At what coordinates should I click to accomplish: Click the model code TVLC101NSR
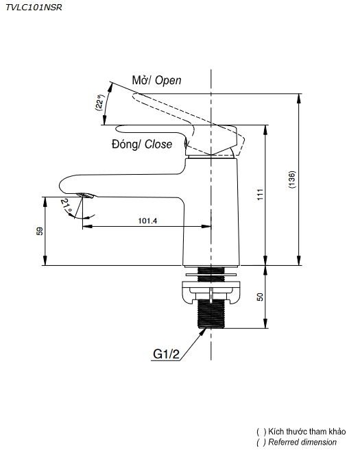(x=34, y=8)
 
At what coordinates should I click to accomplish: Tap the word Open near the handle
(x=168, y=80)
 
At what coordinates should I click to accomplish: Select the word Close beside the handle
(x=158, y=144)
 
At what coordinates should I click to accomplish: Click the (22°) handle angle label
(x=99, y=102)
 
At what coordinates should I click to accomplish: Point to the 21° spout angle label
(x=67, y=205)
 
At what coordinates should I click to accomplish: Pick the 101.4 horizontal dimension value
(x=147, y=221)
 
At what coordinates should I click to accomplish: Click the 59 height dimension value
(x=40, y=231)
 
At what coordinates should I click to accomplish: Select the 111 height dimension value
(x=260, y=194)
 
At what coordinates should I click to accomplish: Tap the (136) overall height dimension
(x=292, y=180)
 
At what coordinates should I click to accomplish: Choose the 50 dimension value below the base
(x=260, y=297)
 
